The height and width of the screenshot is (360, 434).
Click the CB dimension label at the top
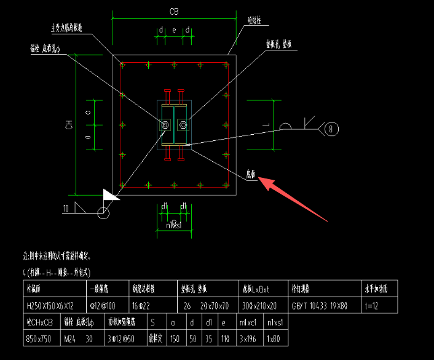(174, 12)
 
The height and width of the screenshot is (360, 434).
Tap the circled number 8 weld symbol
(332, 129)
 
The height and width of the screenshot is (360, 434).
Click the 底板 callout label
(250, 174)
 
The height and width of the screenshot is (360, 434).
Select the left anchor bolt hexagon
(165, 126)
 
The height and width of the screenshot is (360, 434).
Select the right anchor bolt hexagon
(183, 126)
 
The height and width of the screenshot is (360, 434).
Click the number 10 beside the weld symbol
(66, 208)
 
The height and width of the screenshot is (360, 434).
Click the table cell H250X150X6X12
(50, 305)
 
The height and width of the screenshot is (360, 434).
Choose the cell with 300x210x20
(260, 305)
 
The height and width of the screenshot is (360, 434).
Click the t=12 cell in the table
(372, 305)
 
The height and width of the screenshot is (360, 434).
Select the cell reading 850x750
(39, 338)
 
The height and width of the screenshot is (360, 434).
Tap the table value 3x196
(246, 338)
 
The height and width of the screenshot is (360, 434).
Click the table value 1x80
(274, 338)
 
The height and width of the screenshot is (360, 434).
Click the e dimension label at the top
(174, 30)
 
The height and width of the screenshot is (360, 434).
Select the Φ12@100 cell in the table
(103, 305)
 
